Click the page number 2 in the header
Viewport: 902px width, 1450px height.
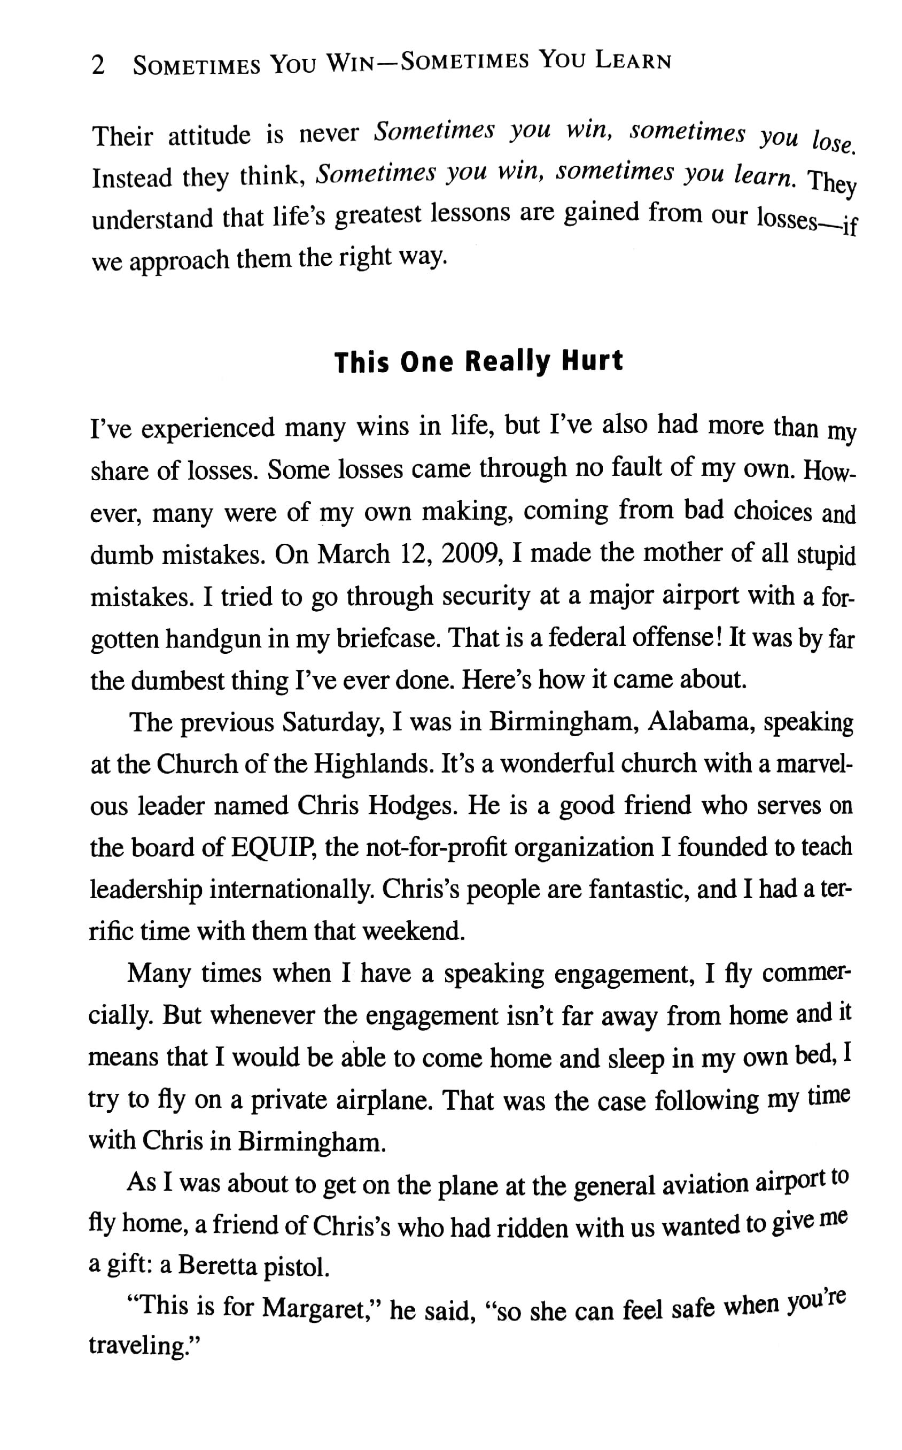pos(98,65)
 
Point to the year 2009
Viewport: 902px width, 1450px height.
pos(468,554)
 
